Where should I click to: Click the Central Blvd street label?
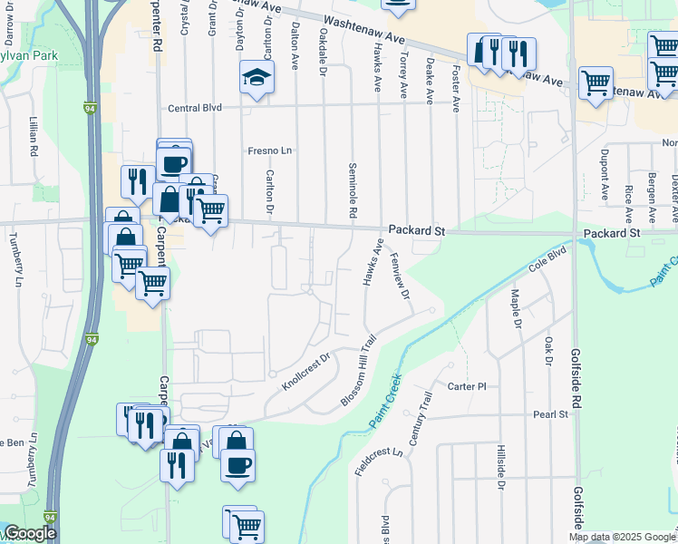point(195,108)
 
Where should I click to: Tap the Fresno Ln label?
point(270,151)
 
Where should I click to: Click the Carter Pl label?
point(467,386)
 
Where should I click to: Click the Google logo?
point(30,533)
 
